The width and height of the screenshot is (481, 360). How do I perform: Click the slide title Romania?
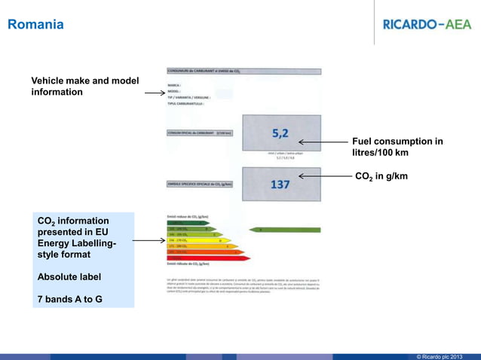point(35,26)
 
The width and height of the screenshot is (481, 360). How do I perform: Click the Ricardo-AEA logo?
point(427,24)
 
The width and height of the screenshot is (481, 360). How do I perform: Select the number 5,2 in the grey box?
point(280,134)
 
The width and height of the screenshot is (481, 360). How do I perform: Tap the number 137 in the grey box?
point(280,184)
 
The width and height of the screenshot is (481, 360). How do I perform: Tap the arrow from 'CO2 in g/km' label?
point(324,177)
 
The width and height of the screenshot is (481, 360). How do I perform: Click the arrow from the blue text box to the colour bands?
point(151,241)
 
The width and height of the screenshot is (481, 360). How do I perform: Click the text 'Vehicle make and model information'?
point(84,87)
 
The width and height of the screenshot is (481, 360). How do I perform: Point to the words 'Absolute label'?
point(69,276)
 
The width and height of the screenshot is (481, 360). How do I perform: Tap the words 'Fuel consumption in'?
point(397,142)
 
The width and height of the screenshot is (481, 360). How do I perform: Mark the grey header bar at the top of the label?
point(244,72)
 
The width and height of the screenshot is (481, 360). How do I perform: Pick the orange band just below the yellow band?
point(201,246)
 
